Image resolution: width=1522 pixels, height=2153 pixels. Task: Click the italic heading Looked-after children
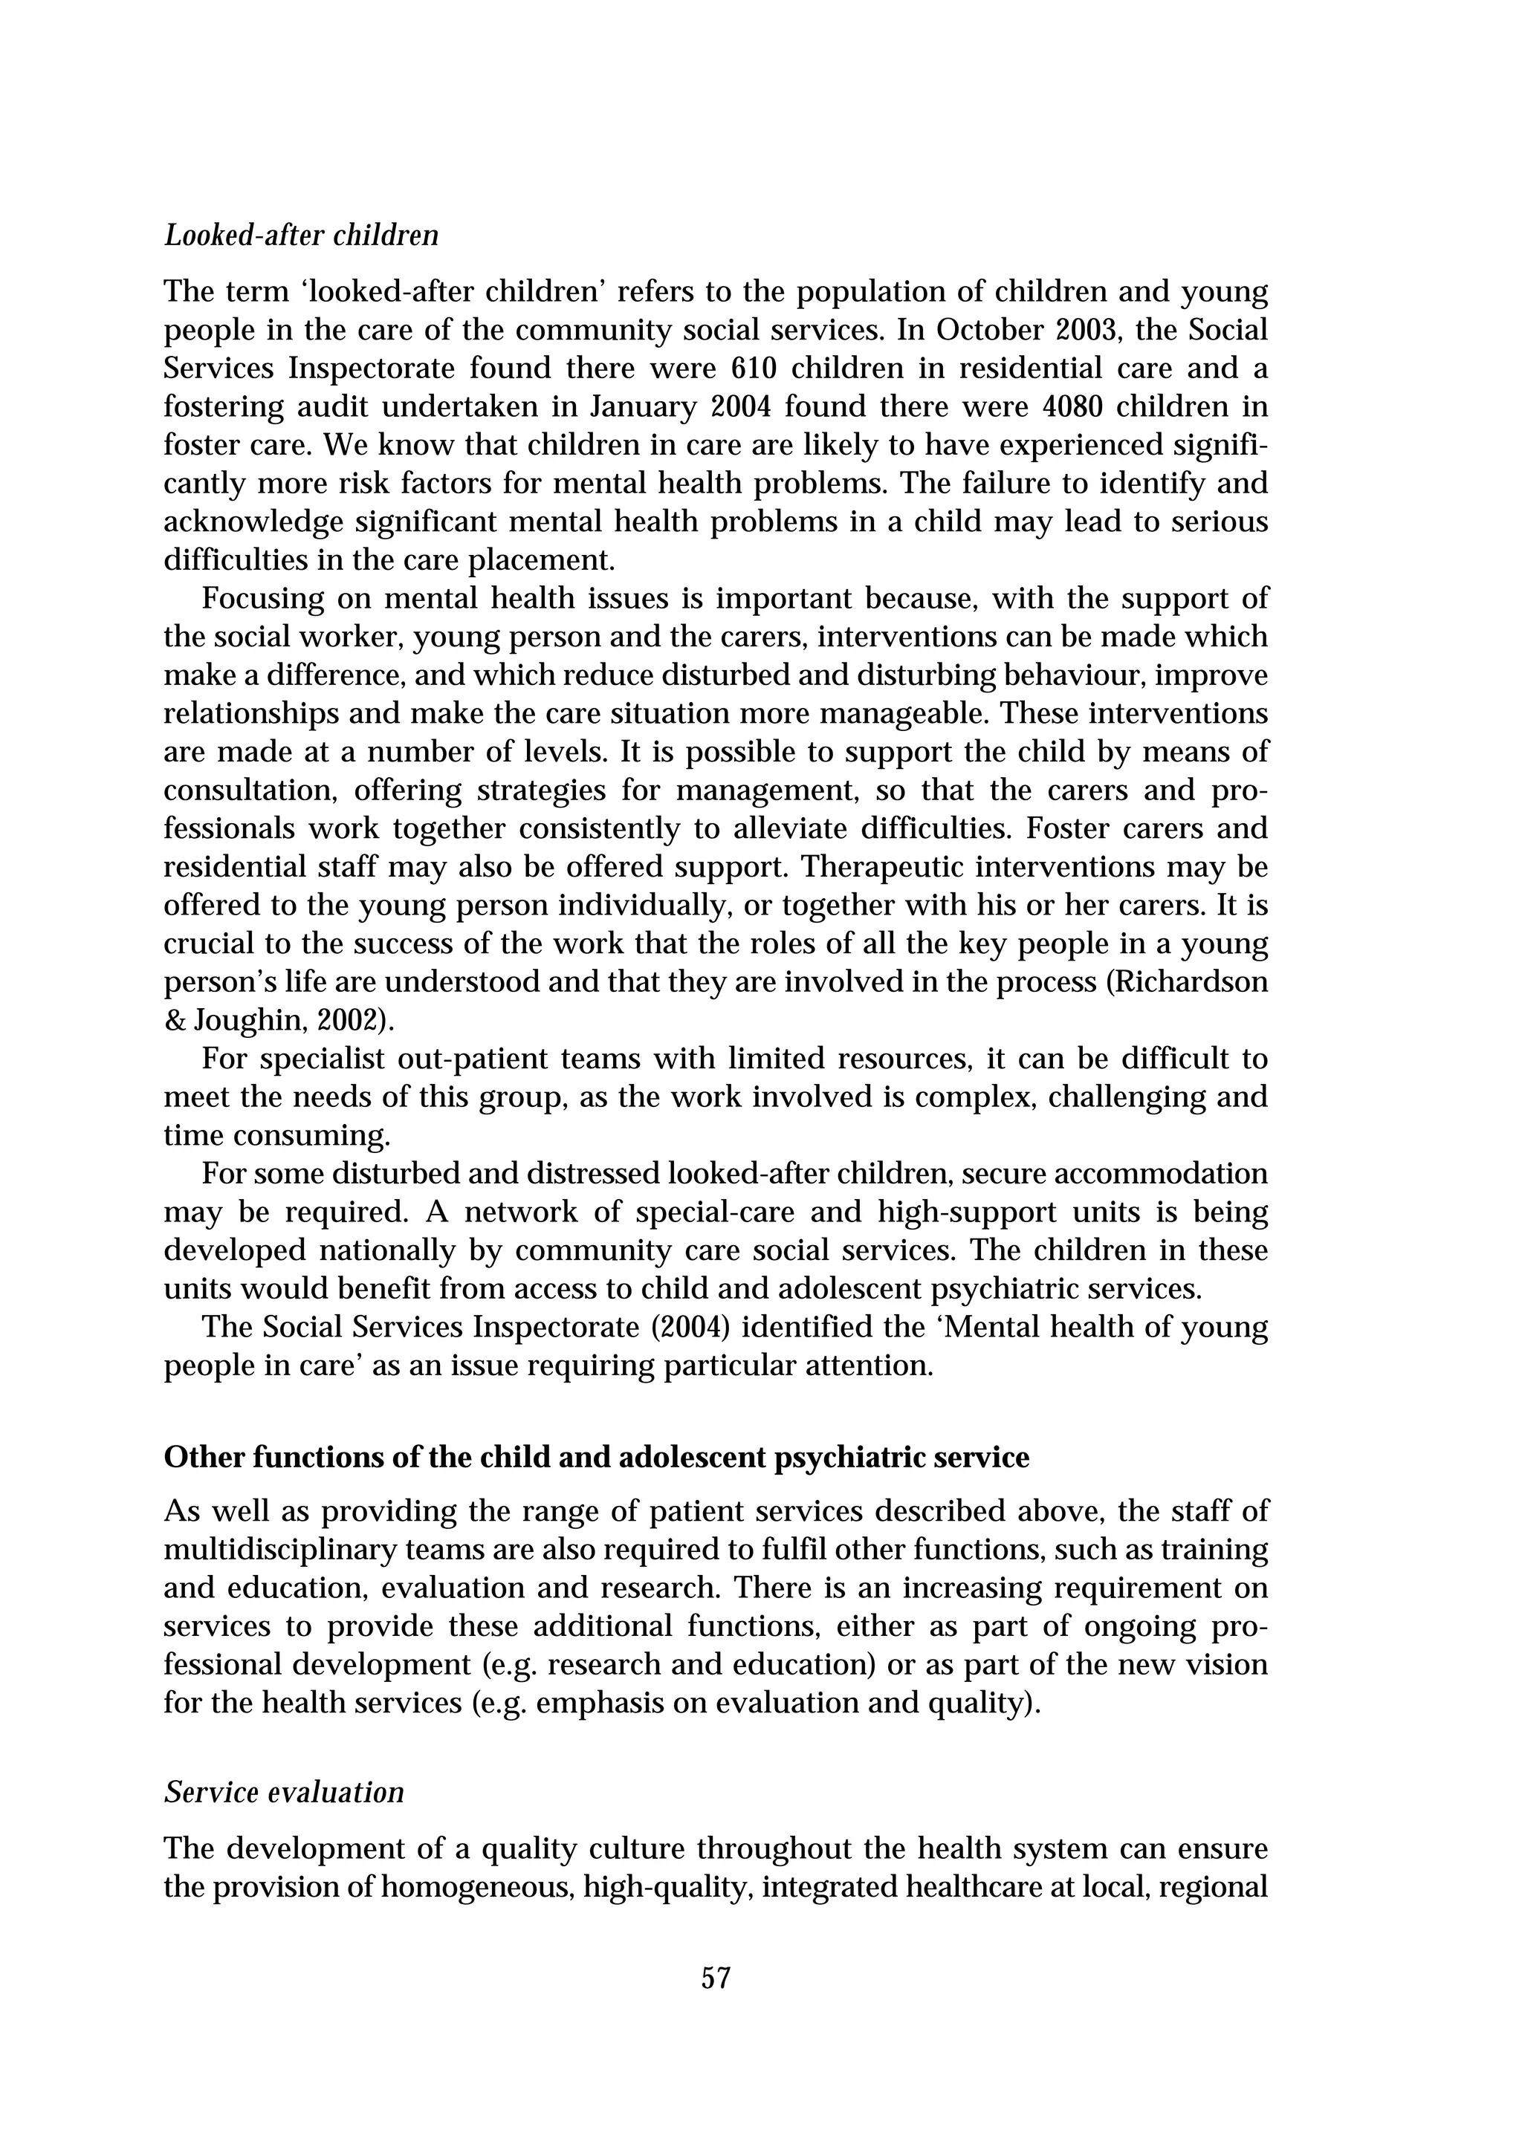[x=301, y=235]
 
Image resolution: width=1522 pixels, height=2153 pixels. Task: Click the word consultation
[x=250, y=790]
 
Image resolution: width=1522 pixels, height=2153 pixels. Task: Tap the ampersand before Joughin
[x=175, y=1020]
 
